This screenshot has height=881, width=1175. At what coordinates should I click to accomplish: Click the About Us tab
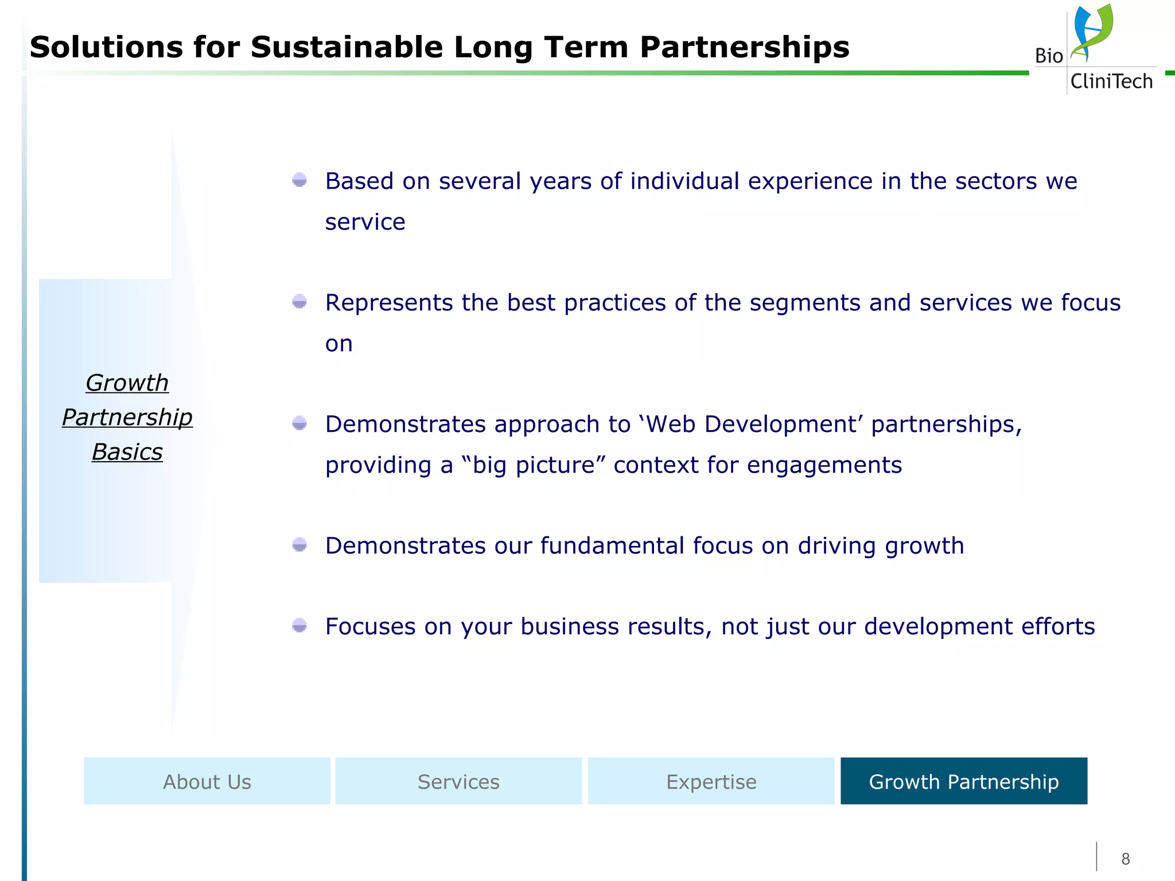tap(207, 781)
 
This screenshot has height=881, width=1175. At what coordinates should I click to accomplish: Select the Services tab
tap(458, 781)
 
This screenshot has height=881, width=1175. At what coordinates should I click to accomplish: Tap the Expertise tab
tap(711, 781)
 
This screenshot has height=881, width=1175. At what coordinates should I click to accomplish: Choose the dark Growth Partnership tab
tap(964, 781)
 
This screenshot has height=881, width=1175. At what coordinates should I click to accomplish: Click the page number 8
tap(1125, 859)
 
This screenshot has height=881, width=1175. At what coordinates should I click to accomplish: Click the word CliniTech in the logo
tap(1111, 81)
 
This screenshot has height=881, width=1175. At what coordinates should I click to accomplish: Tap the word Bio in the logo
tap(1049, 56)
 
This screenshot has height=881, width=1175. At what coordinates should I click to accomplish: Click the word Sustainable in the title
tap(347, 47)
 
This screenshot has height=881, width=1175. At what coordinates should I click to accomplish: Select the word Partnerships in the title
tap(744, 47)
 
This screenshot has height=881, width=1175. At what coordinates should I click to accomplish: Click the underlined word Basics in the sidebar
tap(127, 452)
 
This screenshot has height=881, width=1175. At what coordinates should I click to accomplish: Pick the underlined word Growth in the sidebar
tap(127, 383)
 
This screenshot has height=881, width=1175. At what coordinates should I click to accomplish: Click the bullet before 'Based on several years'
tap(299, 181)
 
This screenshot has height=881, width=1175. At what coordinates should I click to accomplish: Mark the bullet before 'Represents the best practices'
tap(299, 302)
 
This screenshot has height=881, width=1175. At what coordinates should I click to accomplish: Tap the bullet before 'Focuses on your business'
tap(299, 626)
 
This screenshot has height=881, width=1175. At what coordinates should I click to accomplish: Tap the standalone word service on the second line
tap(365, 222)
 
